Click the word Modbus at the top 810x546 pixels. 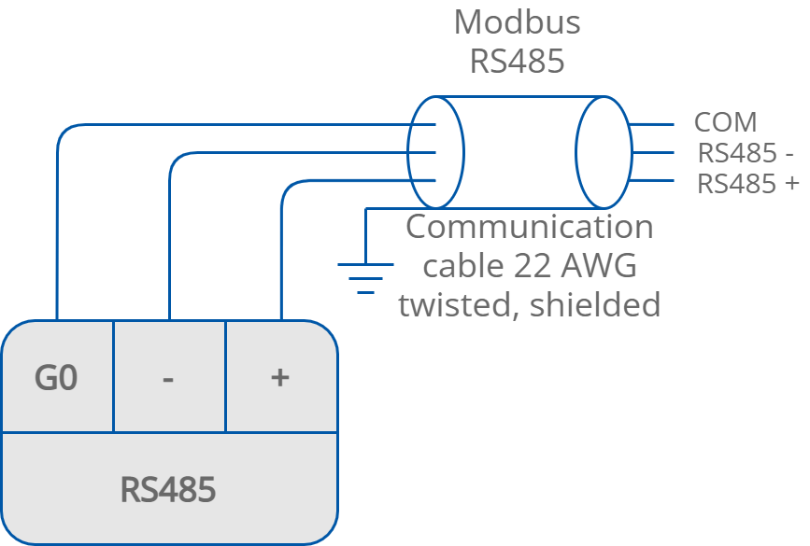pyautogui.click(x=517, y=22)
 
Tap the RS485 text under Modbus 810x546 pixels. pyautogui.click(x=517, y=62)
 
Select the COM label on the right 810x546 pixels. pyautogui.click(x=725, y=123)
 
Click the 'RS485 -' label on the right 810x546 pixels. pyautogui.click(x=746, y=154)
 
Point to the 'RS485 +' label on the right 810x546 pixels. pyautogui.click(x=748, y=184)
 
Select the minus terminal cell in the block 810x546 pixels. pyautogui.click(x=168, y=378)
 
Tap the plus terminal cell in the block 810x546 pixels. pyautogui.click(x=279, y=378)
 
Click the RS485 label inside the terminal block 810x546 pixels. pyautogui.click(x=168, y=489)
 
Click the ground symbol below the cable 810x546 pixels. pyautogui.click(x=365, y=277)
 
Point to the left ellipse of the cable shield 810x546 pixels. pyautogui.click(x=435, y=152)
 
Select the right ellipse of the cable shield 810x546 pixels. pyautogui.click(x=604, y=152)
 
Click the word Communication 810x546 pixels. pyautogui.click(x=529, y=227)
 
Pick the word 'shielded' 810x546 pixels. pyautogui.click(x=595, y=304)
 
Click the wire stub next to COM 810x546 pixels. pyautogui.click(x=651, y=124)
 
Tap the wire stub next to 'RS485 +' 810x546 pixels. pyautogui.click(x=651, y=180)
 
